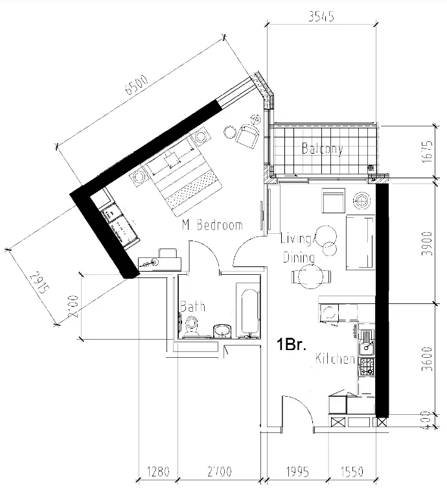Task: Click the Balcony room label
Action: point(322,148)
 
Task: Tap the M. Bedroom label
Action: point(212,226)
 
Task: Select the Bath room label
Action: point(192,306)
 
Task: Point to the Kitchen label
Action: point(335,359)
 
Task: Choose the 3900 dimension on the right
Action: point(426,244)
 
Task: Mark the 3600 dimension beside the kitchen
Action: point(426,359)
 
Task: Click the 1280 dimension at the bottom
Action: point(158,471)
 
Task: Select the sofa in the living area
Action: point(360,243)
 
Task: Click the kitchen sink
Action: point(367,337)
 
